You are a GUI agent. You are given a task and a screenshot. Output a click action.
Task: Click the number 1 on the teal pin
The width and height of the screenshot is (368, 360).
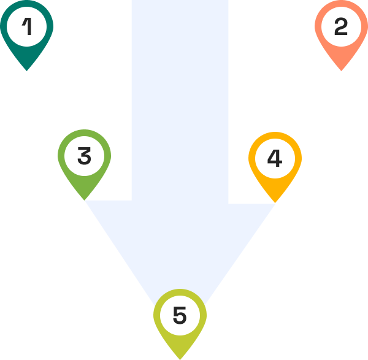coord(26,26)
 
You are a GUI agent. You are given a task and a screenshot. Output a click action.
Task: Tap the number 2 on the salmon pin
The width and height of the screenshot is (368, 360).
coord(341,27)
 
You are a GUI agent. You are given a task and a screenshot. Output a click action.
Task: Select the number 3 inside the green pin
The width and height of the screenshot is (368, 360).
coord(84,156)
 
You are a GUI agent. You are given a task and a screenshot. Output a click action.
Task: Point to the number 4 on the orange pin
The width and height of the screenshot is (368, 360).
coord(275,159)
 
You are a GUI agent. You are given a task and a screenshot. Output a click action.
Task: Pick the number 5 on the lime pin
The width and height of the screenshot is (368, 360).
coord(180,315)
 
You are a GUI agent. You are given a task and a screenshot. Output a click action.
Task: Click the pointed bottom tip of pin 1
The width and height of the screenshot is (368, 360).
coord(26,71)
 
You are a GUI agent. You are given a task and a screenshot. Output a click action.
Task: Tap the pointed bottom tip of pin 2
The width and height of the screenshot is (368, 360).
coord(341,71)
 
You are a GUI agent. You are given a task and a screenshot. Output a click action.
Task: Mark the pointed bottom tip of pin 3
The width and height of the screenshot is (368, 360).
coord(85,200)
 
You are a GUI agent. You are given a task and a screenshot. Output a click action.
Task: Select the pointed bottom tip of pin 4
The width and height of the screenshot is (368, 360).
coord(275,202)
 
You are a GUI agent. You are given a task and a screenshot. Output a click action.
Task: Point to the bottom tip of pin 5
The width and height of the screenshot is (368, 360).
coord(180,359)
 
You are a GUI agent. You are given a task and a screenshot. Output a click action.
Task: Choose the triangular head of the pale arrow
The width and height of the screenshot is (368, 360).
coord(180,245)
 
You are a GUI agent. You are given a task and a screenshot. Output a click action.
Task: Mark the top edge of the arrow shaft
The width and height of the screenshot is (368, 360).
coord(180,2)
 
